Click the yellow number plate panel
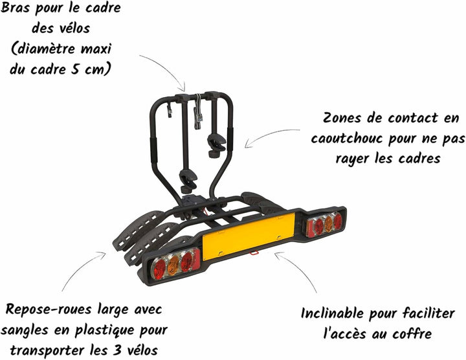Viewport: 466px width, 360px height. [x=249, y=236]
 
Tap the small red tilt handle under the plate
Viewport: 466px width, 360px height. [x=254, y=253]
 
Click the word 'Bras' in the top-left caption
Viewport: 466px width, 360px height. [x=15, y=8]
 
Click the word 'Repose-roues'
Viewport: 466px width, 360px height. [x=48, y=309]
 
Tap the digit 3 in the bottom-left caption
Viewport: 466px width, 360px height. [x=117, y=350]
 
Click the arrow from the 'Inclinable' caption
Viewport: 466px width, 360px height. [x=297, y=268]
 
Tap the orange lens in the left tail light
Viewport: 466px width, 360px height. [x=173, y=265]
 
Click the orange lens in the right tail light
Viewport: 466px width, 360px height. [x=328, y=223]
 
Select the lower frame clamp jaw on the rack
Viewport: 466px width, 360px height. [x=188, y=180]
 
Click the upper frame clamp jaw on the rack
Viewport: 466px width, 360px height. [x=216, y=145]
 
